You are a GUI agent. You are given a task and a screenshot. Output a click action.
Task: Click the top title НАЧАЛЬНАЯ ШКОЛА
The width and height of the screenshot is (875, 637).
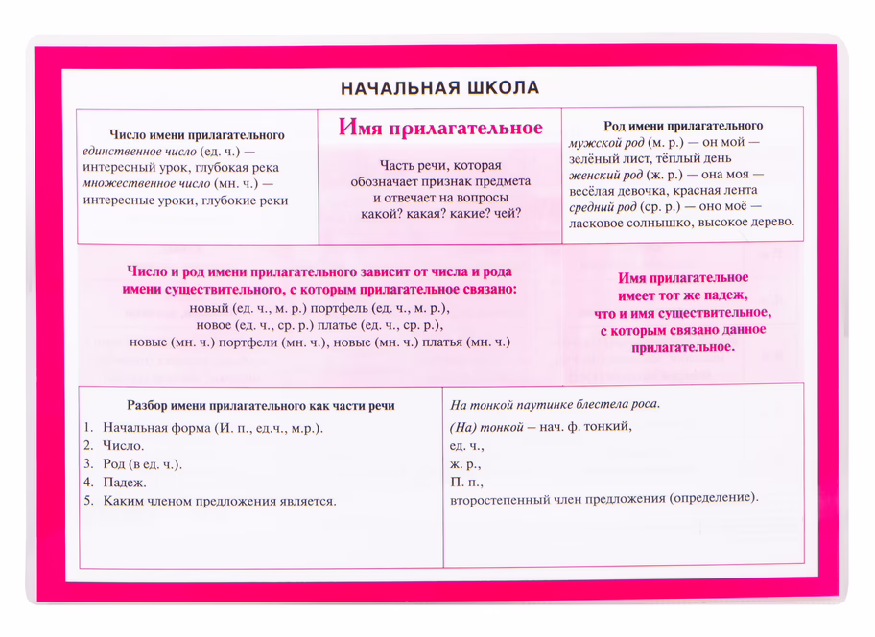439,88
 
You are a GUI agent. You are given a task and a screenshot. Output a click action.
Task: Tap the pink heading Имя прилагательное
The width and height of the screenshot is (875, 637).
440,129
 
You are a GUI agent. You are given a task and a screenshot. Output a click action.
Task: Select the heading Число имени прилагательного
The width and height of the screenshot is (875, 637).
197,135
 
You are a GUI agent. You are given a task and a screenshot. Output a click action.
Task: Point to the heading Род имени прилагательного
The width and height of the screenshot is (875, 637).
683,126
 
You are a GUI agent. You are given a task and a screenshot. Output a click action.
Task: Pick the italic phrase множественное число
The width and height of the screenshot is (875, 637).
133,184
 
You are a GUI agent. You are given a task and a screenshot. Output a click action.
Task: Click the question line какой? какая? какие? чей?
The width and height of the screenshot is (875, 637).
440,213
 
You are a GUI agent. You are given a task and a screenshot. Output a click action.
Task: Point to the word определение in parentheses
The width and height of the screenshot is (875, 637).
714,499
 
